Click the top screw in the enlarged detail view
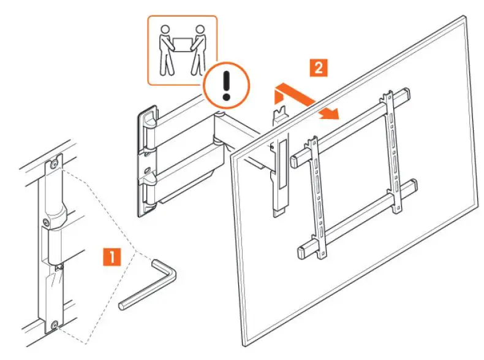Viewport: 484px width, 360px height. pyautogui.click(x=55, y=164)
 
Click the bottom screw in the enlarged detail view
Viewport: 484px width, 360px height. pyautogui.click(x=55, y=325)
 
